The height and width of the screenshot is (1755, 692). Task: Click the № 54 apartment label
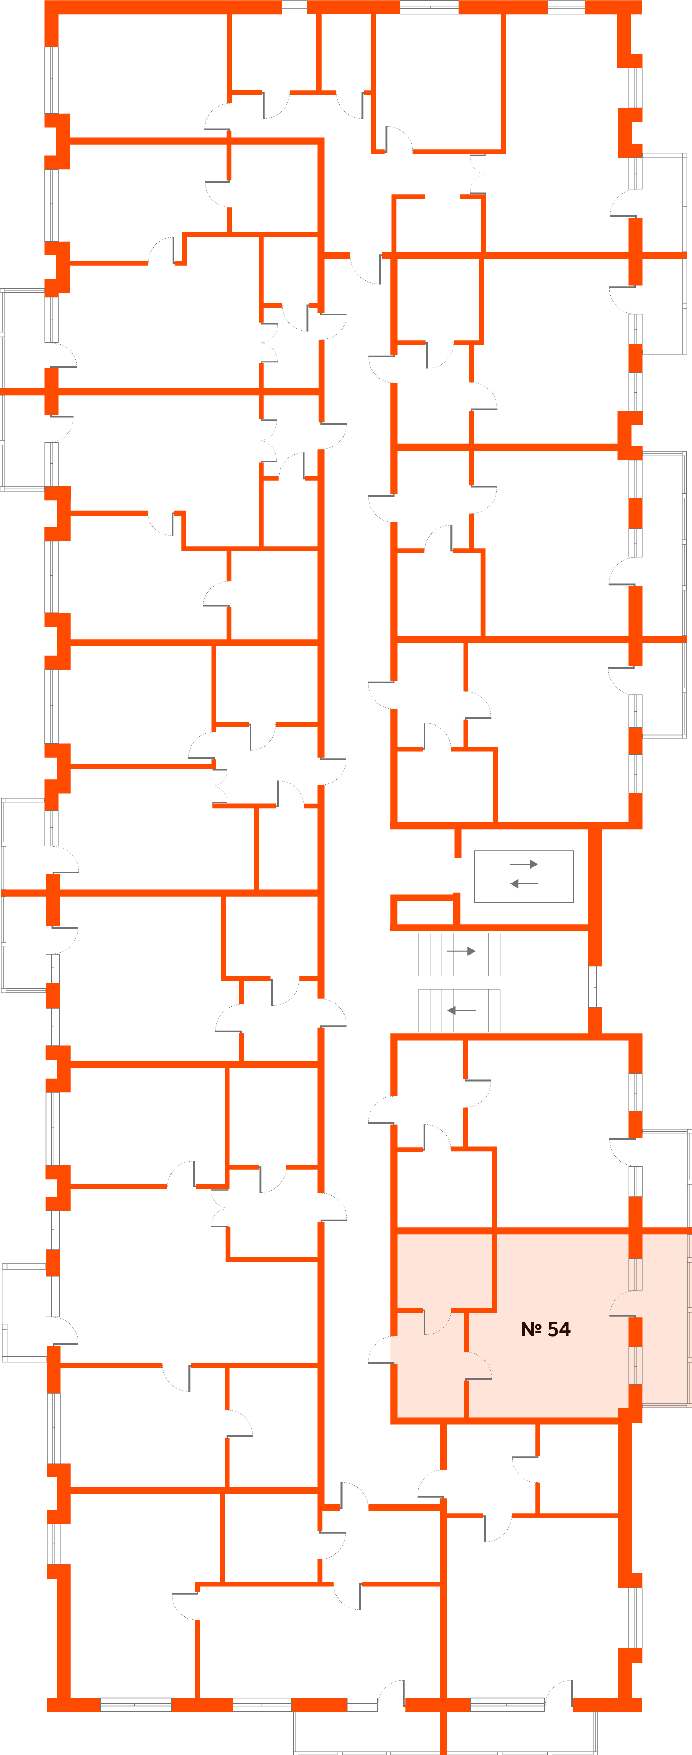pos(545,1329)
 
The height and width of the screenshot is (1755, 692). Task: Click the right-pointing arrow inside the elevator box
pos(524,864)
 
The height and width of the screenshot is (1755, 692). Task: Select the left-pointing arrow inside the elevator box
pos(524,883)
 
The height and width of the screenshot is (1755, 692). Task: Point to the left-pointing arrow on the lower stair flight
pos(461,1010)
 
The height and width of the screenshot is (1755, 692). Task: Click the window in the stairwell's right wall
pos(595,986)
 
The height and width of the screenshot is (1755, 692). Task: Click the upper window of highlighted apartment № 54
pos(635,1275)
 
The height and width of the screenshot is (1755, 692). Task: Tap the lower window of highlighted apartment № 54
pos(635,1365)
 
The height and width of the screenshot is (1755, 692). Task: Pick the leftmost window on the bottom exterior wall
pos(136,1705)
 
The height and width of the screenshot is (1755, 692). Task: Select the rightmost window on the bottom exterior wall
pos(507,1705)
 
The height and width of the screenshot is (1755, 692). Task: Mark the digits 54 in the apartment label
pos(558,1329)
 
